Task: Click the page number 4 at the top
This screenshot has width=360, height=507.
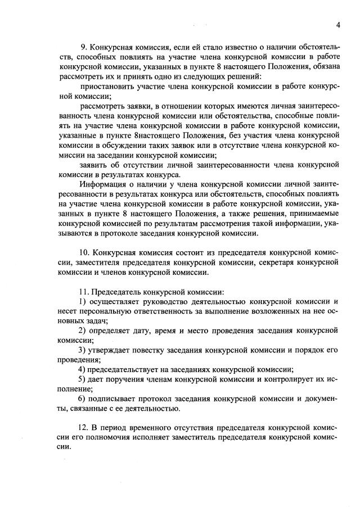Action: [339, 25]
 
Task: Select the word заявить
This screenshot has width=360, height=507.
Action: [94, 165]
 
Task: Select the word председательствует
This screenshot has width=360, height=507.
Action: [130, 369]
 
